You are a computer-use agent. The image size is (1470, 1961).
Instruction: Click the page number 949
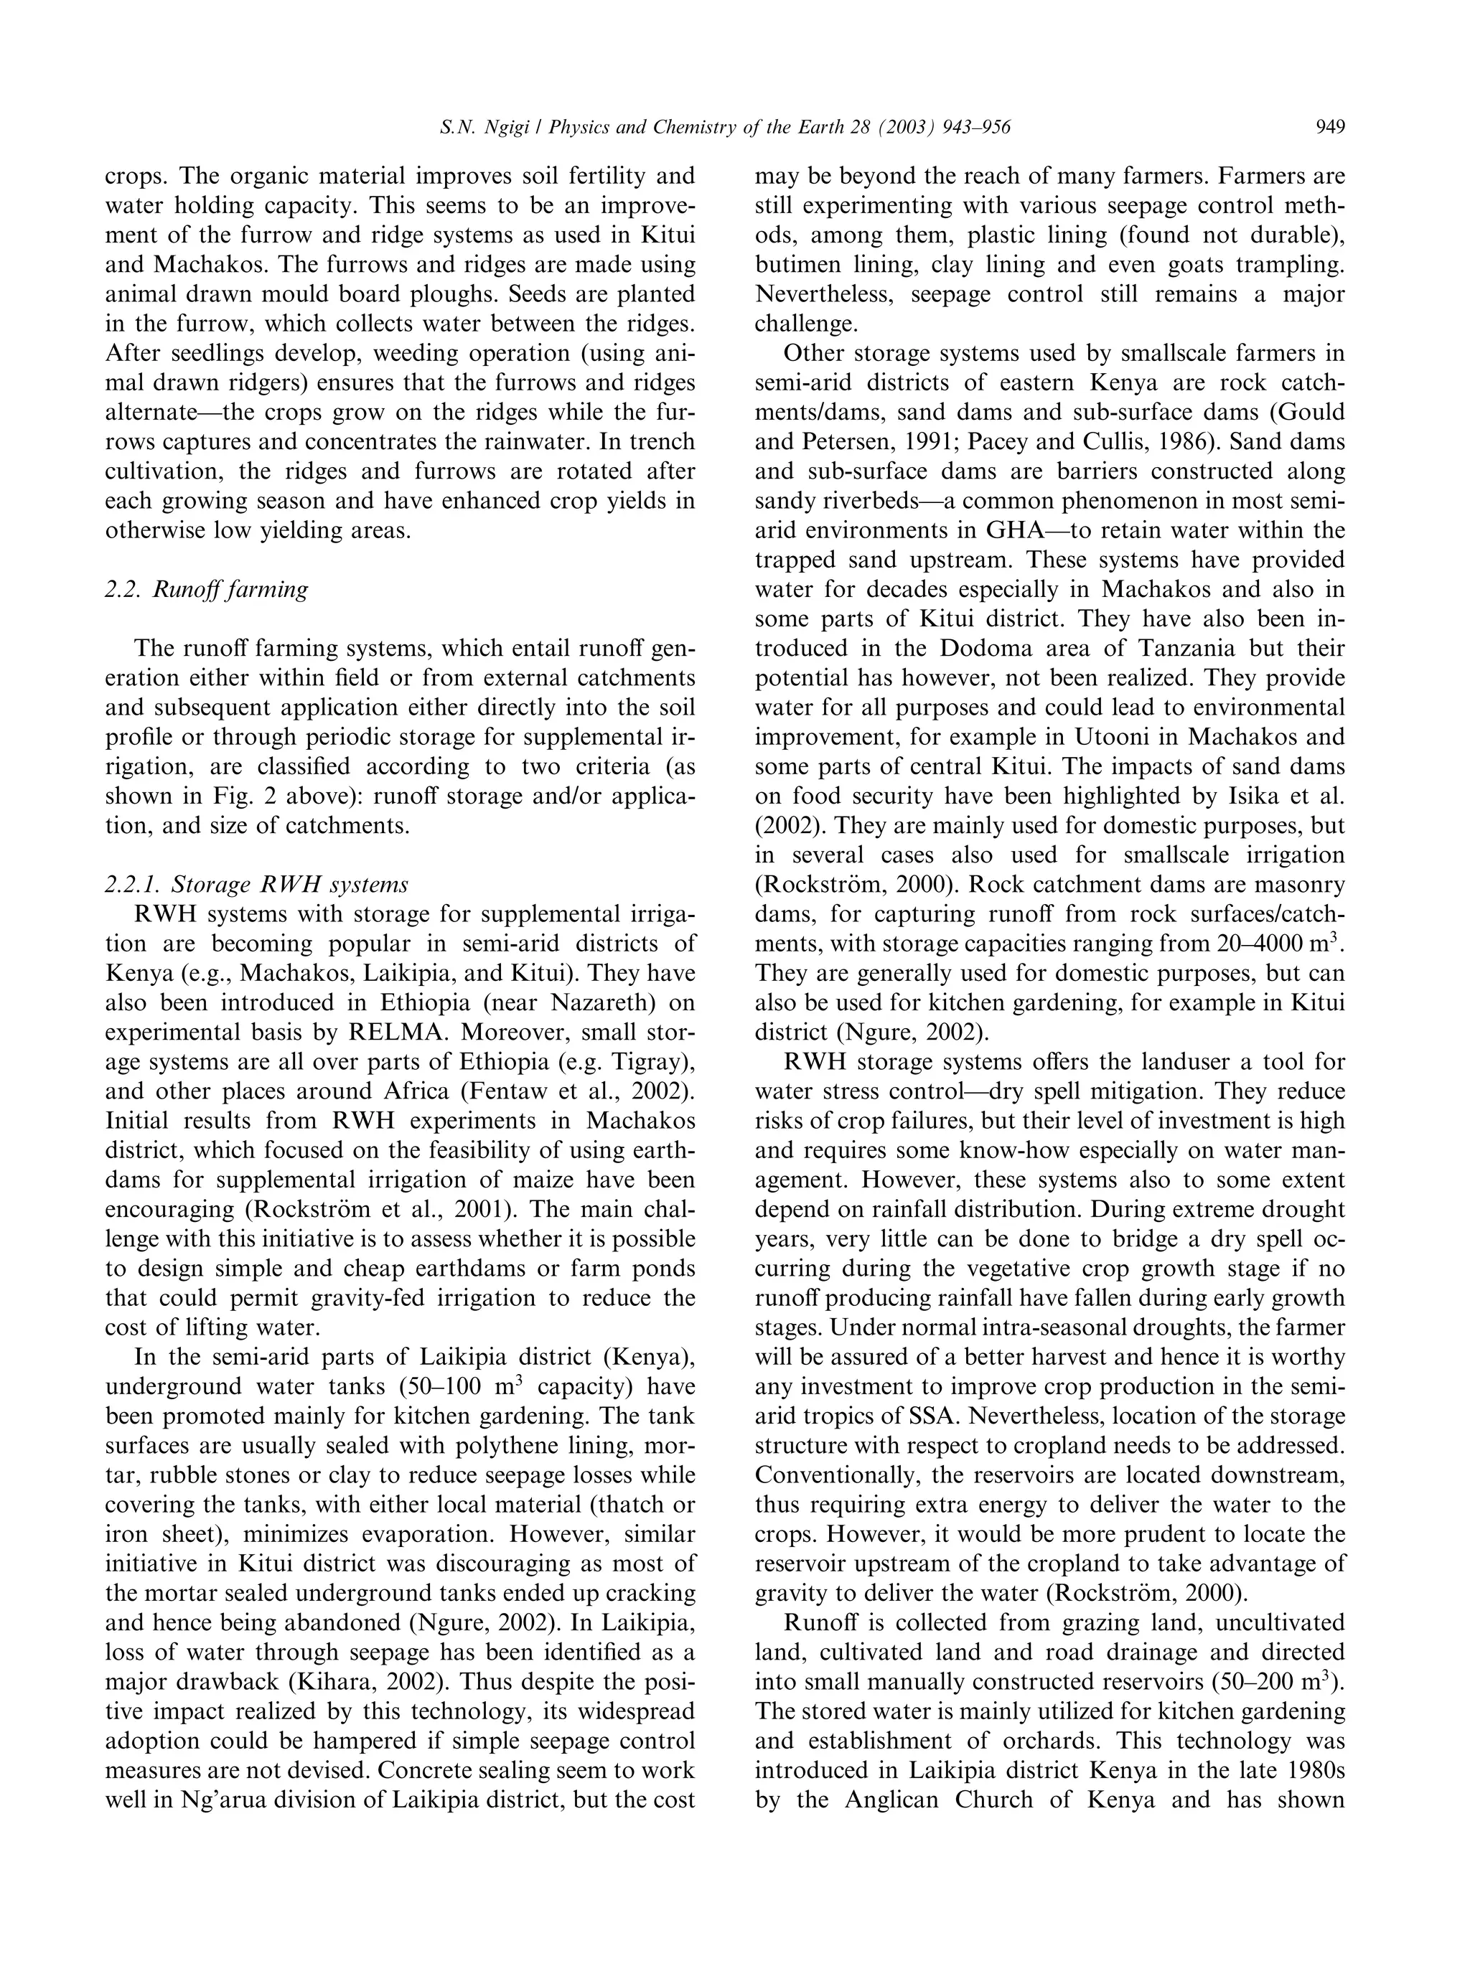click(x=1330, y=128)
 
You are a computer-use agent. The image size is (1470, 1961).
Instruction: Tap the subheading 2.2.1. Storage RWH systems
click(x=256, y=884)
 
